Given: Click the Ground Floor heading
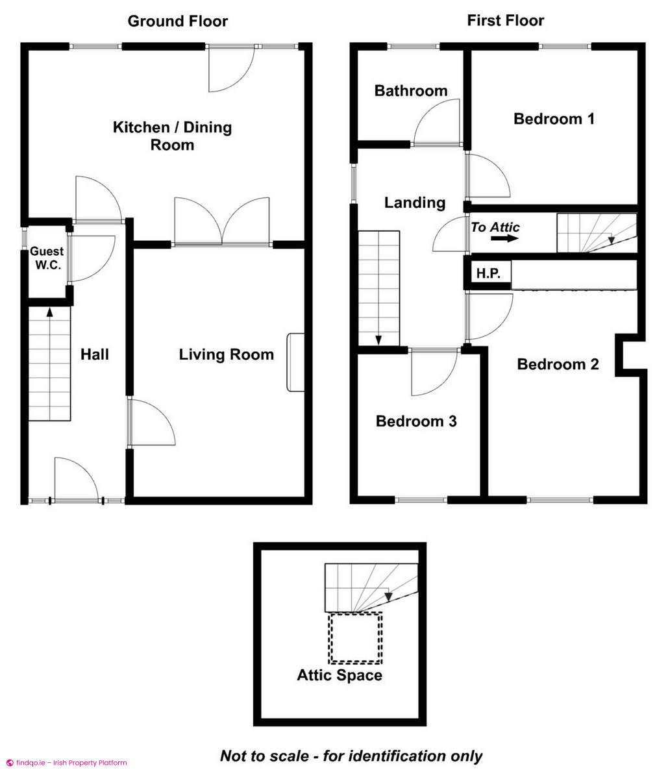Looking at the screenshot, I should (177, 21).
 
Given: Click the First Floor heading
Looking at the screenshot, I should (505, 21).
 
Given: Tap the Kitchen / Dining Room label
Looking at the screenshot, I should (172, 136).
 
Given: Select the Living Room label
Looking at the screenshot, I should (227, 354).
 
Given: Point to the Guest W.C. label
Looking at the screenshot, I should (47, 258).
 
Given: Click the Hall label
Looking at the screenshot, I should (95, 354).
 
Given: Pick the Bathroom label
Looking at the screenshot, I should (411, 91).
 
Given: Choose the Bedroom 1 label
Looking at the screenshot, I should (554, 119).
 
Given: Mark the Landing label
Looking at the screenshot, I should (415, 203).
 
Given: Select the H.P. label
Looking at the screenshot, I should (488, 273).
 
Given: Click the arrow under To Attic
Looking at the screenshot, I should (505, 238).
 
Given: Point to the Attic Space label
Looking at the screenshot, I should (340, 675).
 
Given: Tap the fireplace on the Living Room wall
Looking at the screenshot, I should (295, 362).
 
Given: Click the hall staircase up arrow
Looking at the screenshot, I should (49, 312).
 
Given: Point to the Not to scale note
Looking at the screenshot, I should (351, 756).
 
